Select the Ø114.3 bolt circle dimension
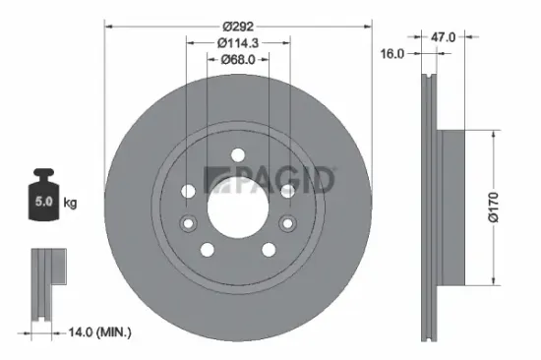(238, 42)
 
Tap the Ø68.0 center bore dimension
(237, 60)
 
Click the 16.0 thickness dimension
(392, 54)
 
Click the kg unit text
(69, 204)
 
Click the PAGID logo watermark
(269, 180)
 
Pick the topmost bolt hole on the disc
(237, 152)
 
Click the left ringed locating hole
(189, 190)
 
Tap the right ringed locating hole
(286, 190)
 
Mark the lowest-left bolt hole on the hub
(207, 247)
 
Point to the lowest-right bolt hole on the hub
(268, 247)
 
